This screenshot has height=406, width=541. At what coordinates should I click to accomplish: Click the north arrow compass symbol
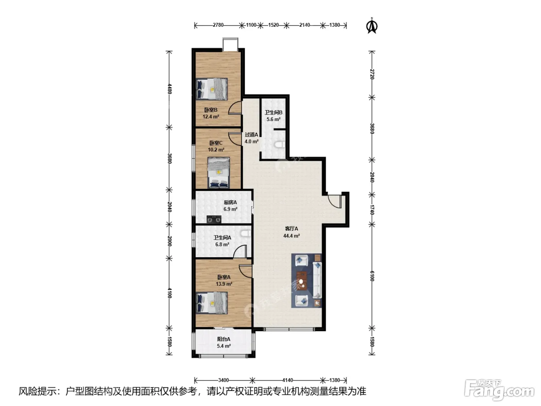pyautogui.click(x=372, y=26)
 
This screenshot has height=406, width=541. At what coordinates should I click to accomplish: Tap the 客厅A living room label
pyautogui.click(x=291, y=229)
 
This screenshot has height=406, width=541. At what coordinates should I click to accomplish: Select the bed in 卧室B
pyautogui.click(x=212, y=89)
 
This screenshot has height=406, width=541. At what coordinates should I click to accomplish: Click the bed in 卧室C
pyautogui.click(x=219, y=172)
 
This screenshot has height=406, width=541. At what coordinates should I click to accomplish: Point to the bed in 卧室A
pyautogui.click(x=212, y=303)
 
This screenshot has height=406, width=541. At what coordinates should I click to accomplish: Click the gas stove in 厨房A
pyautogui.click(x=214, y=219)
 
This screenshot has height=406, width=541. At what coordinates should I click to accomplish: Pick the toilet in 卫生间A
pyautogui.click(x=246, y=234)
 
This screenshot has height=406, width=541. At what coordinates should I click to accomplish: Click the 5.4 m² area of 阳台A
pyautogui.click(x=224, y=346)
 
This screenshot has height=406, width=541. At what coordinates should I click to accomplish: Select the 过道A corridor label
pyautogui.click(x=252, y=135)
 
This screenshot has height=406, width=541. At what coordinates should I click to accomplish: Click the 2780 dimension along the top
pyautogui.click(x=218, y=25)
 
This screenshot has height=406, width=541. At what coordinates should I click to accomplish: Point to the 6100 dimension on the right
pyautogui.click(x=372, y=276)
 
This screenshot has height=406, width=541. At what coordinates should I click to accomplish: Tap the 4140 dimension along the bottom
pyautogui.click(x=288, y=380)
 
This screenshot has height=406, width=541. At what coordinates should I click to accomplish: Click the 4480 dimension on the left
pyautogui.click(x=170, y=89)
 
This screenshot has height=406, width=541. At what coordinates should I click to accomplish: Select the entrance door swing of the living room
pyautogui.click(x=335, y=201)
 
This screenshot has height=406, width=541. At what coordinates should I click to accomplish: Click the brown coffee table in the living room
pyautogui.click(x=302, y=281)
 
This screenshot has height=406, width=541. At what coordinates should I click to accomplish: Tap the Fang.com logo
pyautogui.click(x=499, y=390)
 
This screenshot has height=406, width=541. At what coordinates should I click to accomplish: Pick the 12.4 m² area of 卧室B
pyautogui.click(x=211, y=116)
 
